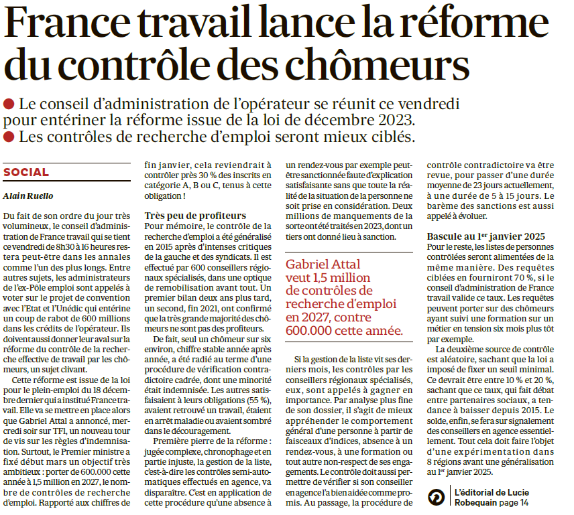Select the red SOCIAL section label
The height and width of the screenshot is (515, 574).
click(26, 172)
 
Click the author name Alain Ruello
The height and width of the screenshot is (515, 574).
click(26, 196)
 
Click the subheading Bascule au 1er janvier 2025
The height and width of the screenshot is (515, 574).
click(486, 236)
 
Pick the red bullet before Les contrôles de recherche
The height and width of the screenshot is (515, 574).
click(9, 137)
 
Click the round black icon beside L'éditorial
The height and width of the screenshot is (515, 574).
click(437, 496)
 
